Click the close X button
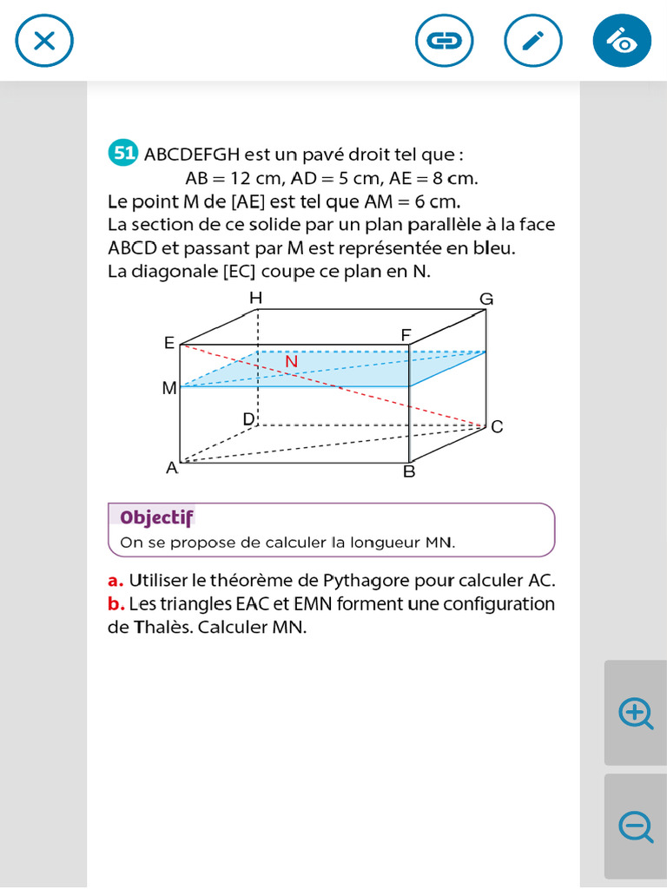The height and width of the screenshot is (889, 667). pos(44,41)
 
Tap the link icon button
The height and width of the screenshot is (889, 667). pos(445,41)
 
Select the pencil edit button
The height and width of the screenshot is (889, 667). pos(533,41)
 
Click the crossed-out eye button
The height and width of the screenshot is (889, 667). pos(622,41)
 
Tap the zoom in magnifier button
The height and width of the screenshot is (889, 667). pos(636,713)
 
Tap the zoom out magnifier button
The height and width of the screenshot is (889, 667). pos(636,826)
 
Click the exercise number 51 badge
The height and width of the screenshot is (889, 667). pos(123,154)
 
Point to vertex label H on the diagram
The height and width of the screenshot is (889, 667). pos(255,299)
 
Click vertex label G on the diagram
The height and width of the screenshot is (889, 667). pos(486,300)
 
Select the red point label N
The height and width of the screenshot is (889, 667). pos(291,361)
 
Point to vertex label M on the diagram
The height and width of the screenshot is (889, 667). pos(169,388)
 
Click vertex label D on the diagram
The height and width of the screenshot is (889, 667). pos(248,419)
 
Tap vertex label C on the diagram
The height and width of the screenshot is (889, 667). pos(497,427)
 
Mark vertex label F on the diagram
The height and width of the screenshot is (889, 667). pos(406,335)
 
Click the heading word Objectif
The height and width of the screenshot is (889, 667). pos(156,517)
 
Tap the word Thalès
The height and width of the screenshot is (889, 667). pos(163,627)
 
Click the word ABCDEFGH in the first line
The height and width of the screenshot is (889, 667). pos(191,155)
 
